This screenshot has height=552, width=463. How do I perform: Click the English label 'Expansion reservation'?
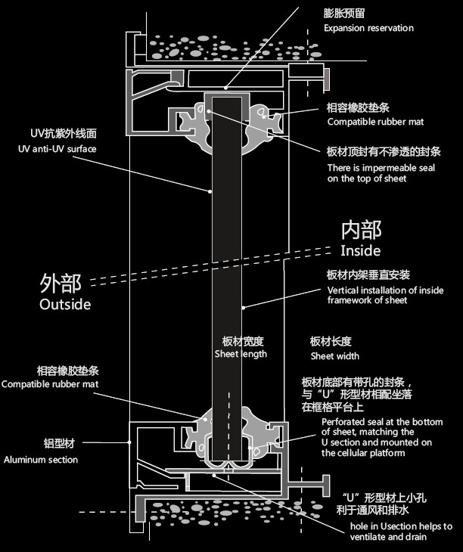(x=368, y=29)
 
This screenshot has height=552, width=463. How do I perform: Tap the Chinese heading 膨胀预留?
(x=343, y=13)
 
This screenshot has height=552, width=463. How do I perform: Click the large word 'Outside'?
(x=65, y=305)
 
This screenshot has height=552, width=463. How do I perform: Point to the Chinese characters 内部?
(x=362, y=230)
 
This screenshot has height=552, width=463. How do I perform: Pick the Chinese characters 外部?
(x=61, y=283)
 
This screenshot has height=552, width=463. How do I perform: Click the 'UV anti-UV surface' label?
(x=57, y=149)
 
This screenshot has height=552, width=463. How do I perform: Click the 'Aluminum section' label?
(x=41, y=459)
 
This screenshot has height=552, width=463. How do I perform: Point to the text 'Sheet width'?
(x=334, y=356)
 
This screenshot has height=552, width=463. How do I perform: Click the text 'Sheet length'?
(x=241, y=354)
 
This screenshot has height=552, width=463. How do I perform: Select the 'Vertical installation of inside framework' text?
(x=385, y=295)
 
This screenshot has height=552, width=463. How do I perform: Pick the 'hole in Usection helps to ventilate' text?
(x=400, y=532)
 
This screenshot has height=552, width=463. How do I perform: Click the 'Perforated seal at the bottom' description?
(x=381, y=437)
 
